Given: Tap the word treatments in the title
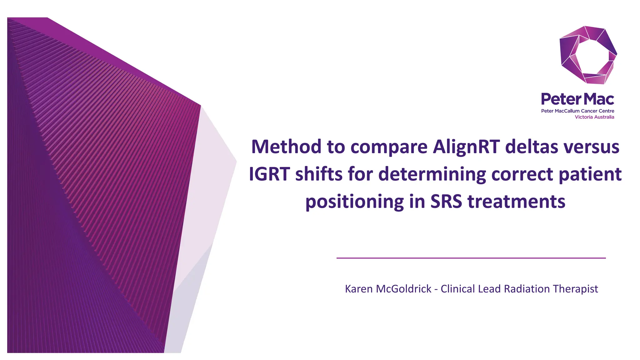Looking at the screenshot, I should (516, 202).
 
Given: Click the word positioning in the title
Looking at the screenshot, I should (354, 202).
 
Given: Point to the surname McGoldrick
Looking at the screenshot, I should (403, 289).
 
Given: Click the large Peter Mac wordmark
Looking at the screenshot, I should (577, 99).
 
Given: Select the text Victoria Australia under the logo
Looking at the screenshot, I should (594, 117).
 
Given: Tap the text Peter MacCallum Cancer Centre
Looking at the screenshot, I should (577, 111).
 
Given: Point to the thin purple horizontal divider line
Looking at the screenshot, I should (471, 258).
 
